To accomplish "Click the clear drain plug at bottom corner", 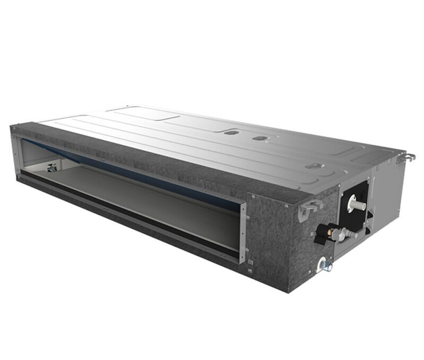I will pyautogui.click(x=326, y=266).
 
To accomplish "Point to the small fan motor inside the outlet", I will pyautogui.click(x=52, y=168).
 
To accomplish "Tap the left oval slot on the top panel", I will pyautogui.click(x=232, y=133).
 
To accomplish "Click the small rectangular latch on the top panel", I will pyautogui.click(x=314, y=166).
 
